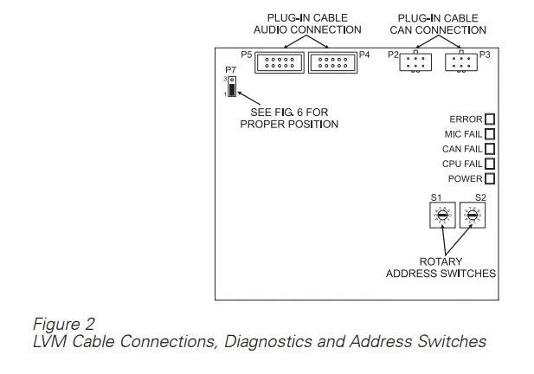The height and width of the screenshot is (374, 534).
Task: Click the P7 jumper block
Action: pos(232,86)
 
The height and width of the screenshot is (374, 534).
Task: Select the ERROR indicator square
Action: pos(490,119)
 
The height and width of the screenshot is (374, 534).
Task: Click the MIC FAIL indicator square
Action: pos(490,134)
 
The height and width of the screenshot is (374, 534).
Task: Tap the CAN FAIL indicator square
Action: pos(490,149)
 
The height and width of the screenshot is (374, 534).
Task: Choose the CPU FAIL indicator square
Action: pos(490,164)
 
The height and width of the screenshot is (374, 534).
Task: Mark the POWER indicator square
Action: pos(490,178)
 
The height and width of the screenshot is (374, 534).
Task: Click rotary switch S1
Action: pos(441,216)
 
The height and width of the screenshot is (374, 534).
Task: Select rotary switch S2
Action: pos(472,216)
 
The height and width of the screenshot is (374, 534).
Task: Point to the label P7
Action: pos(230,68)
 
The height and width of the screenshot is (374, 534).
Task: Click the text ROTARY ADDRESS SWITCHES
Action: pos(441,268)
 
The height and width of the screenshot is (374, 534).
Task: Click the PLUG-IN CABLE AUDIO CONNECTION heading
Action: pos(302,23)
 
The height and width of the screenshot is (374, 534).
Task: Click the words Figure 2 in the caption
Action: pos(63,325)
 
